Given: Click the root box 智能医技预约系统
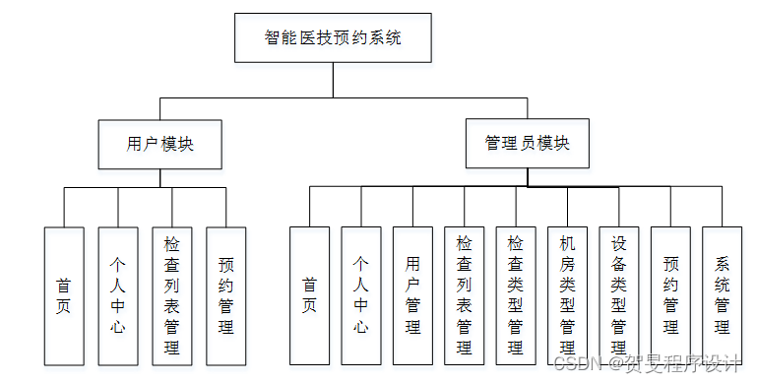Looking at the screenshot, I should click(x=333, y=38).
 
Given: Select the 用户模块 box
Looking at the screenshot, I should click(x=160, y=144).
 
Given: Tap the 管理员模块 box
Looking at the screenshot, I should click(x=527, y=144).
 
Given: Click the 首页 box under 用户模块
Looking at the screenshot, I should click(x=64, y=295).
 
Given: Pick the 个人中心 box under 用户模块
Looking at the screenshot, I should click(x=117, y=295).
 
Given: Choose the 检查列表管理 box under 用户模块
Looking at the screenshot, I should click(x=172, y=295).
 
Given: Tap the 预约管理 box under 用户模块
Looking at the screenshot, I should click(x=225, y=295).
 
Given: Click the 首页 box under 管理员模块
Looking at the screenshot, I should click(x=309, y=295).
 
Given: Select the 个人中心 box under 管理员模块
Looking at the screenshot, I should click(x=361, y=295).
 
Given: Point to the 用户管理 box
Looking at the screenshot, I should click(x=412, y=295).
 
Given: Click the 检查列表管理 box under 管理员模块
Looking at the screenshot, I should click(x=465, y=295).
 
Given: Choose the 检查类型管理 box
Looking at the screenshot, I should click(x=516, y=295).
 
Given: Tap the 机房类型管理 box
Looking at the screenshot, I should click(x=567, y=295).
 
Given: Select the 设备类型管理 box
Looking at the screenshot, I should click(x=619, y=295).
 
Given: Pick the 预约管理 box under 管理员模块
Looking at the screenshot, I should click(x=670, y=295).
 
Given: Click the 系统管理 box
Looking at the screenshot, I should click(x=722, y=295).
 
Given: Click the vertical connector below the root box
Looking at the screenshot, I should click(x=333, y=81).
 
